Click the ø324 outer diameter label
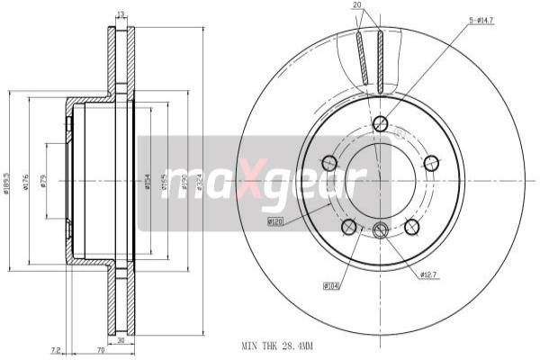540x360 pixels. pyautogui.click(x=199, y=179)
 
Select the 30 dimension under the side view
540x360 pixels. pyautogui.click(x=121, y=341)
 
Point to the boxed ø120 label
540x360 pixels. pyautogui.click(x=276, y=220)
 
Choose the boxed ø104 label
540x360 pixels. pyautogui.click(x=331, y=286)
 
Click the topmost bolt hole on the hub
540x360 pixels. pyautogui.click(x=380, y=123)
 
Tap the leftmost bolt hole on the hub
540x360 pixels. pyautogui.click(x=329, y=163)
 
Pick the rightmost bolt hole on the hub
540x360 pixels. pyautogui.click(x=431, y=163)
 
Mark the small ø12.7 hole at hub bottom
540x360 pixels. pyautogui.click(x=380, y=230)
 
